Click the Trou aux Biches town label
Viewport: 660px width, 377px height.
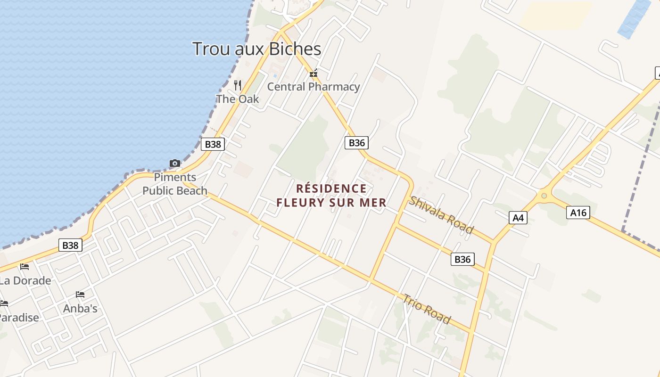[256, 49]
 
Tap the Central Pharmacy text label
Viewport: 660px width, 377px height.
[313, 87]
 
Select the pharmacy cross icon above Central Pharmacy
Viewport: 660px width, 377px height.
[313, 74]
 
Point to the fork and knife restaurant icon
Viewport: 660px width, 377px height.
[238, 85]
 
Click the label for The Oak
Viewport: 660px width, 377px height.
[238, 99]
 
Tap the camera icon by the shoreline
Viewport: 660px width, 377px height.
[175, 163]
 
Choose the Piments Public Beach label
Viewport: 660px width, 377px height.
[175, 184]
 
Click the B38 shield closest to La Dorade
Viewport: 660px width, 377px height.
[70, 245]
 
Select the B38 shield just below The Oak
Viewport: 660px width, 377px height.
[213, 144]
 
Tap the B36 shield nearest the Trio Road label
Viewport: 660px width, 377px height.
[462, 259]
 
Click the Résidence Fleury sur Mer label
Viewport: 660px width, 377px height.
[331, 196]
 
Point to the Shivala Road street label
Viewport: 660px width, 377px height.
[440, 215]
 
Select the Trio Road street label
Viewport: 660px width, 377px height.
[426, 309]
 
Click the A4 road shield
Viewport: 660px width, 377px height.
[518, 218]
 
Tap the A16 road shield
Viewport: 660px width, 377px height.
[578, 213]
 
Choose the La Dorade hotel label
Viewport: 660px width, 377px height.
[25, 281]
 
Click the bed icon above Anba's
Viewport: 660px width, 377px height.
[80, 295]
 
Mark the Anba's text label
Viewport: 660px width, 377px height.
[80, 309]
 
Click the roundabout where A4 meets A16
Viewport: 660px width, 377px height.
[544, 195]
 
